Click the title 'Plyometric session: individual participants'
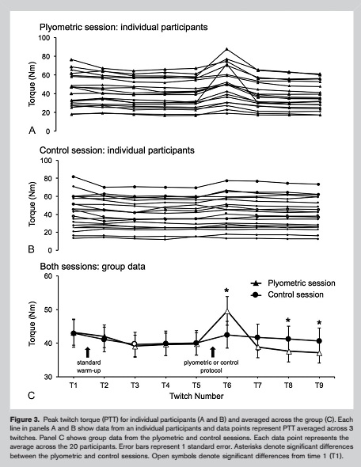(x=123, y=28)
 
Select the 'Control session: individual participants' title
(x=117, y=150)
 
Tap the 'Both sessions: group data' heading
(x=93, y=266)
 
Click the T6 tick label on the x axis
(x=227, y=385)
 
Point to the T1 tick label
(x=74, y=385)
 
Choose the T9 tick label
(x=319, y=385)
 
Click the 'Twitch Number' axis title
(x=196, y=396)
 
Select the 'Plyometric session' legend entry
(x=293, y=283)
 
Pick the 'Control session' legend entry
(x=287, y=294)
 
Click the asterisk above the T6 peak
(x=226, y=290)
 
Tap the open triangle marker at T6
(x=227, y=312)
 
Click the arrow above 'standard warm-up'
(x=87, y=352)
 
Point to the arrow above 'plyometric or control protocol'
(x=212, y=352)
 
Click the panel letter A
(x=32, y=131)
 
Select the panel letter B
(x=32, y=249)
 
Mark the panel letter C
(x=32, y=396)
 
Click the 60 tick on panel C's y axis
(x=49, y=276)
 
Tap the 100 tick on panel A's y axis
(x=44, y=38)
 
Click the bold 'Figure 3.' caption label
(x=25, y=420)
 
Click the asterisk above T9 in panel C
(x=319, y=323)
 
